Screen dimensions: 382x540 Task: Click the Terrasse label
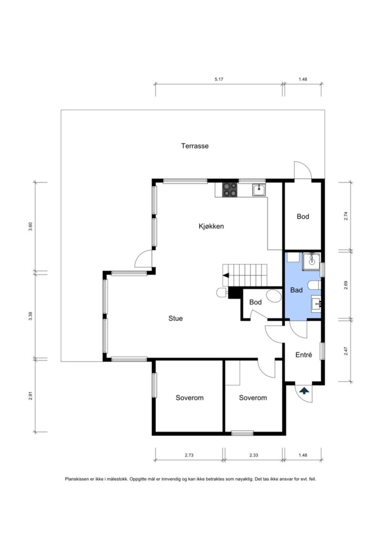[195, 146]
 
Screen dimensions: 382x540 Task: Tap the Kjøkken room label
[211, 226]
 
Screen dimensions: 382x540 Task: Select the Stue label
[176, 318]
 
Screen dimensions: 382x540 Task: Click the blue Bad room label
[296, 290]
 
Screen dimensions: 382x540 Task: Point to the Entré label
[304, 355]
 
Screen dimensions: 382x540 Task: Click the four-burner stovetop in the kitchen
[230, 190]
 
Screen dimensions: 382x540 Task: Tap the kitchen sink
[259, 190]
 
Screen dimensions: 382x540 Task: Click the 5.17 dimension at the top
[219, 79]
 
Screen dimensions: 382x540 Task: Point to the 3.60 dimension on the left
[30, 227]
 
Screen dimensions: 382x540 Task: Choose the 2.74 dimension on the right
[346, 216]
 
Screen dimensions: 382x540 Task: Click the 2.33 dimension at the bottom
[254, 455]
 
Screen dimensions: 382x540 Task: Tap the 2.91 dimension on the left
[30, 396]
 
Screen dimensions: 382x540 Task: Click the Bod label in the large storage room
[303, 217]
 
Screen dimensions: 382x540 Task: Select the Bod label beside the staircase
[255, 302]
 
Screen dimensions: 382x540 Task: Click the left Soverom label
[190, 398]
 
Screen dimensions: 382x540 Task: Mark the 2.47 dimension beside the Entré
[346, 351]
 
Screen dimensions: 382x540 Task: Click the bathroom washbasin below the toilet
[316, 304]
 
